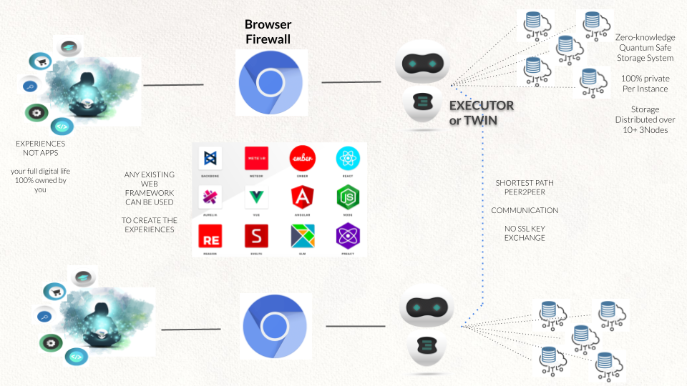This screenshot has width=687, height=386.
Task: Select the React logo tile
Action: [348, 159]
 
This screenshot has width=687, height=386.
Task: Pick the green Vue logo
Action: [256, 197]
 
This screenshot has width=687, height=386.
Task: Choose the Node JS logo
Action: [348, 197]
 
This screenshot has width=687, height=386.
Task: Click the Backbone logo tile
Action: [210, 159]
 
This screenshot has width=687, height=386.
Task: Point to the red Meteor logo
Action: [256, 159]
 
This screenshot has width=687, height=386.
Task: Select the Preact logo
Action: [348, 235]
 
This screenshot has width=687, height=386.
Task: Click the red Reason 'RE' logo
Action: [210, 235]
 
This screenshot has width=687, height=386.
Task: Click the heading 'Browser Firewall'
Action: [268, 31]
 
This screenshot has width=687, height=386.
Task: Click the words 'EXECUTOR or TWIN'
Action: [481, 113]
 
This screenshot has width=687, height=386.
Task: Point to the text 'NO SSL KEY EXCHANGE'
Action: [525, 232]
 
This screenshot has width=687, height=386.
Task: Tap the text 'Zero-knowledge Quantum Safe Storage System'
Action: [643, 47]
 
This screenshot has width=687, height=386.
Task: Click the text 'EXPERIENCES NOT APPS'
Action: [40, 148]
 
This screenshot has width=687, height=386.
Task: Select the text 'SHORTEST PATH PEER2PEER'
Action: [525, 187]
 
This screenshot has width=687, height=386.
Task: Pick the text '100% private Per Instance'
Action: [645, 84]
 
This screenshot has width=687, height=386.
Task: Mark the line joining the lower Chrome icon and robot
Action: [355, 326]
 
